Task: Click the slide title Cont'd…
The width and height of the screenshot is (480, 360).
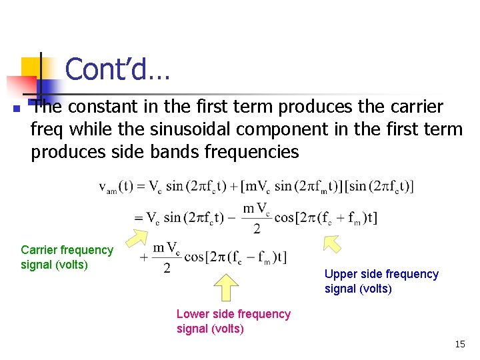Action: click(x=117, y=69)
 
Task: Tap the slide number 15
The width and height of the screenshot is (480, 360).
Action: click(x=459, y=344)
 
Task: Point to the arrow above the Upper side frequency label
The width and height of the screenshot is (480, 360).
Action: click(x=331, y=243)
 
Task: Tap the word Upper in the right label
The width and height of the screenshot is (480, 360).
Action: click(x=340, y=274)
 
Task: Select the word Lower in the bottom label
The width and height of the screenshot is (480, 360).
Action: click(x=192, y=314)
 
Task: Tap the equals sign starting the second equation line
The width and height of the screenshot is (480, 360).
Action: click(x=138, y=218)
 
